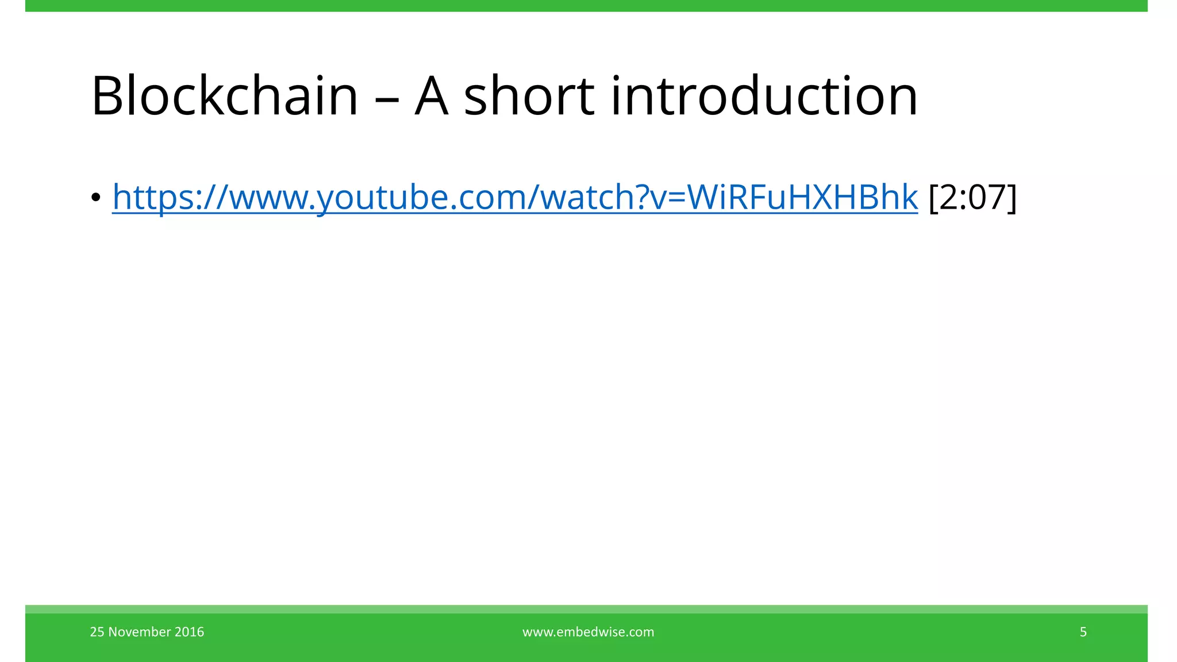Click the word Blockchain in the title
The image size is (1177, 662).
225,96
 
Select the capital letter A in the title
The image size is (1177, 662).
431,96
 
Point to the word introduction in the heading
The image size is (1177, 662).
764,96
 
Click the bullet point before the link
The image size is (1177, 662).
95,198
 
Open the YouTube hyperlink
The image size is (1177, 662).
514,197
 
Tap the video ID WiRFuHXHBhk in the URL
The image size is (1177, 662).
802,197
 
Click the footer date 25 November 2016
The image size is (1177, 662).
147,632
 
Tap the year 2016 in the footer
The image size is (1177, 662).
189,632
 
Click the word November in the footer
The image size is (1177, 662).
140,632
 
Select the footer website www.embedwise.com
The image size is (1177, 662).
588,632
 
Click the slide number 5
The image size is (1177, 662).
1083,632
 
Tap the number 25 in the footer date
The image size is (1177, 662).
97,632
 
